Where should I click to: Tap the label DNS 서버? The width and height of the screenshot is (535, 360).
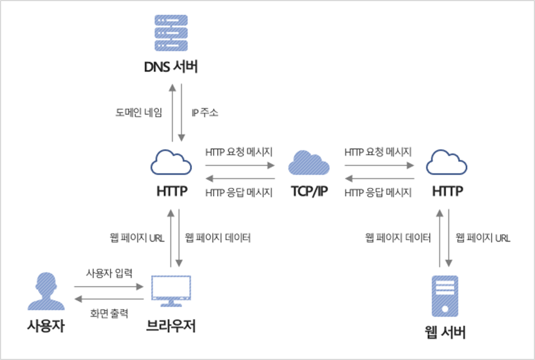(170, 67)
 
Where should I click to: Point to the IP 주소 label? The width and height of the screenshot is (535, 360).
(205, 112)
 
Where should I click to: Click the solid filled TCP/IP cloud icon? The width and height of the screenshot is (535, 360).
(309, 163)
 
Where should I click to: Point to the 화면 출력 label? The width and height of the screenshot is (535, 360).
(109, 313)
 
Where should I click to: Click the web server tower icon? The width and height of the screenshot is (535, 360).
(444, 295)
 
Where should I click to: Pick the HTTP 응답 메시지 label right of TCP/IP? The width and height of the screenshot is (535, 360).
(378, 193)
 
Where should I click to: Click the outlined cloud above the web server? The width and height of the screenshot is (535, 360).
(447, 163)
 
